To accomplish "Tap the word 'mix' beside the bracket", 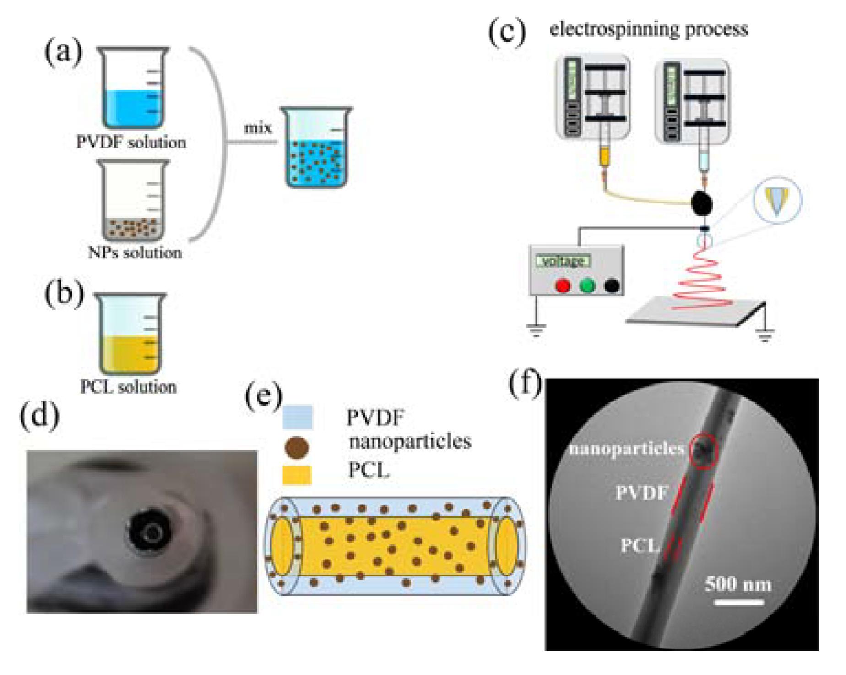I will pyautogui.click(x=258, y=128).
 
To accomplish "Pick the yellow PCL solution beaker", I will pyautogui.click(x=130, y=334).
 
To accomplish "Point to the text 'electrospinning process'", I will pyautogui.click(x=648, y=29).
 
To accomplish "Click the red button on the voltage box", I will pyautogui.click(x=563, y=286).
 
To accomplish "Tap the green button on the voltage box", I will pyautogui.click(x=587, y=286).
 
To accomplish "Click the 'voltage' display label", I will pyautogui.click(x=563, y=261).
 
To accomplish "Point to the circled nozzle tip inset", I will pyautogui.click(x=777, y=200).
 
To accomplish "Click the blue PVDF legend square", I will pyautogui.click(x=297, y=417).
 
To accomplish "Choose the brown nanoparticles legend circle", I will pyautogui.click(x=296, y=447).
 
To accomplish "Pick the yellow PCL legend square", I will pyautogui.click(x=297, y=475).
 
